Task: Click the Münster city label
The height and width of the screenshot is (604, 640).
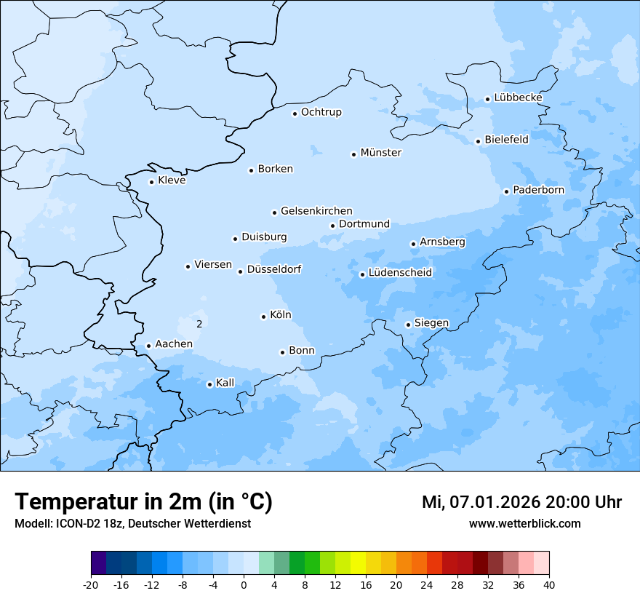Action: [380, 153]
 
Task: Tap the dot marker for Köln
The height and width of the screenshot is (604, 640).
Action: [263, 317]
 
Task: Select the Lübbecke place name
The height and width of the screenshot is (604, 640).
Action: [518, 98]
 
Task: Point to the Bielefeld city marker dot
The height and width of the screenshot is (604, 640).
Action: [478, 141]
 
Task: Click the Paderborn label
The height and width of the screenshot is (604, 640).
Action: [538, 190]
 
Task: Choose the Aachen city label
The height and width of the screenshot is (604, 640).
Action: [174, 344]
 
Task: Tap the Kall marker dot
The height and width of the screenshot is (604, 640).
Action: [209, 384]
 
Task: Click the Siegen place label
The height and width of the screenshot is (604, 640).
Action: [431, 323]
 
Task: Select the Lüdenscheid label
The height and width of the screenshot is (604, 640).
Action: [400, 273]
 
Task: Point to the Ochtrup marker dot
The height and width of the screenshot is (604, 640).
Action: [295, 113]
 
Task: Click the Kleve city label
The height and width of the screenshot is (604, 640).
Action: [172, 180]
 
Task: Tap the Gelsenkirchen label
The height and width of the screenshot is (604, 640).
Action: [316, 211]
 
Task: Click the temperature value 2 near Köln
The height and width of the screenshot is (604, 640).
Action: [199, 324]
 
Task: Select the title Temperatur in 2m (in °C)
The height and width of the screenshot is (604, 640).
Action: [143, 502]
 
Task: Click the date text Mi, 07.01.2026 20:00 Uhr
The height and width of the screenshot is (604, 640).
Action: [521, 502]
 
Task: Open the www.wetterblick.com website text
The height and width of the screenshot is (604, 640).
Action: [524, 524]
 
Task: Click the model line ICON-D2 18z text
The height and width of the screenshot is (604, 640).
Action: [132, 524]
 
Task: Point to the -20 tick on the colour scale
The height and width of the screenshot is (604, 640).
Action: [91, 585]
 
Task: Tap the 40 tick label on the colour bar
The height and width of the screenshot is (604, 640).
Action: [549, 585]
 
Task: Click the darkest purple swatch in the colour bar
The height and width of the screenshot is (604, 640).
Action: [99, 563]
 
